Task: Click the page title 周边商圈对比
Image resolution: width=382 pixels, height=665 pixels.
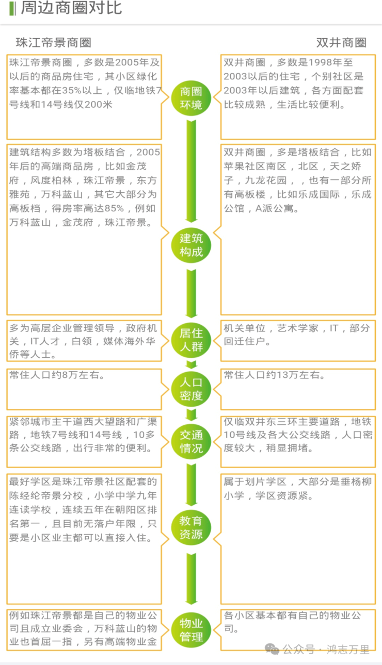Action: click(71, 8)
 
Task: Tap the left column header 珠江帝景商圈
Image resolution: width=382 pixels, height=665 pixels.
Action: click(54, 42)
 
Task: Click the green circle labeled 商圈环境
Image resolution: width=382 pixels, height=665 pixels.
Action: click(191, 98)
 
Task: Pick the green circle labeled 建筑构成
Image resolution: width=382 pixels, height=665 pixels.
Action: click(191, 245)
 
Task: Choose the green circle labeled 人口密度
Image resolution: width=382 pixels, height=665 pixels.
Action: click(191, 389)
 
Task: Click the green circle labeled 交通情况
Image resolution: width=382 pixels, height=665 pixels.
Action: click(191, 441)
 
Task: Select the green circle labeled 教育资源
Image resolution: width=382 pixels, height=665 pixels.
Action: click(191, 527)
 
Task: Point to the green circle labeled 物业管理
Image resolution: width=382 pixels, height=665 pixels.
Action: click(191, 630)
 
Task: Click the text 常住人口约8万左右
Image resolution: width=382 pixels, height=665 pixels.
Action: click(57, 375)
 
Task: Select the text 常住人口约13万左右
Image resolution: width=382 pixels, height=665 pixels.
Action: click(274, 375)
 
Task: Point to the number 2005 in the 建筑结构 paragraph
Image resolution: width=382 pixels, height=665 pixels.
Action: click(148, 153)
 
